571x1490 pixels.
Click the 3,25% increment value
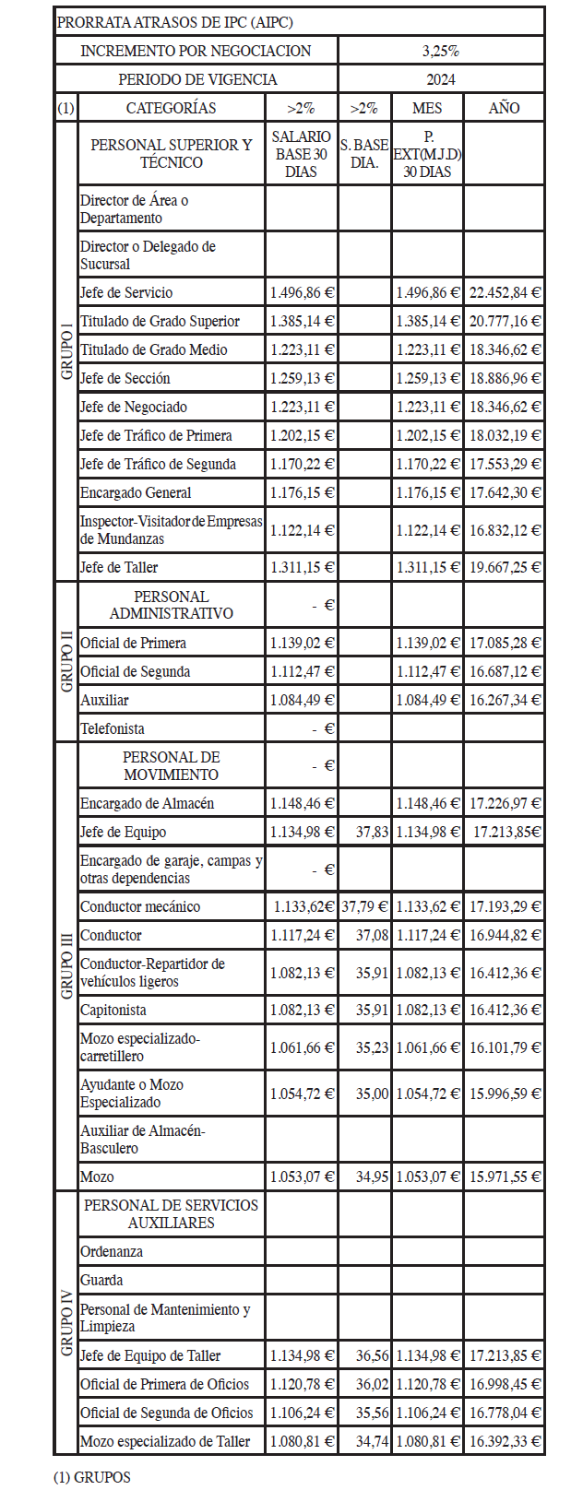pos(441,51)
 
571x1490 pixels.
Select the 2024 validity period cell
pos(441,79)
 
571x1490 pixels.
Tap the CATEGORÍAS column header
pos(171,108)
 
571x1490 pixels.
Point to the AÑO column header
pos(504,108)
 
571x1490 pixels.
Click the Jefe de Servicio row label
pos(126,292)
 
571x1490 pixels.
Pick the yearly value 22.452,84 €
pos(505,292)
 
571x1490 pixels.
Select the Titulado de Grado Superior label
pos(160,321)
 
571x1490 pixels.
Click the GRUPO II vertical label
pos(66,661)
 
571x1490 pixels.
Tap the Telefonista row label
pos(113,728)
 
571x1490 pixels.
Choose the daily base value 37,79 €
pos(364,906)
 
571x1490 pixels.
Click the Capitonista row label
pos(113,1010)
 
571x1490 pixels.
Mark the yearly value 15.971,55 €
pos(505,1177)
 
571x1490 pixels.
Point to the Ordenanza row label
pos(112,1251)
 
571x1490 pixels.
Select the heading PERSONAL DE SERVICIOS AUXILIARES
pos(171,1213)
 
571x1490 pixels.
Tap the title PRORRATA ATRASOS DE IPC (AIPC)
pos(175,22)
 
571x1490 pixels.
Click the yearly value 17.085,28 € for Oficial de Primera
pos(505,643)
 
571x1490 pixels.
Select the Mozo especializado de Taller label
pos(165,1441)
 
